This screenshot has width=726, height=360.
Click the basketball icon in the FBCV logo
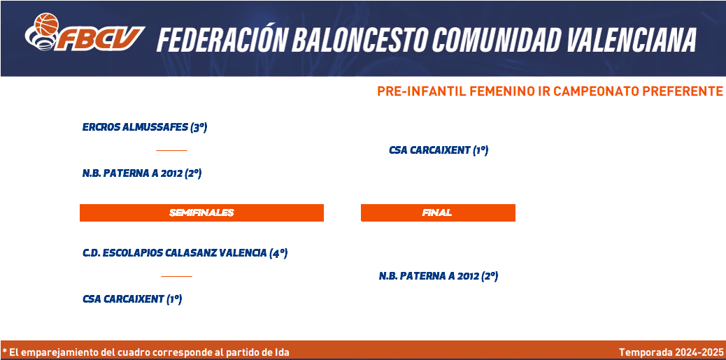pyautogui.click(x=46, y=24)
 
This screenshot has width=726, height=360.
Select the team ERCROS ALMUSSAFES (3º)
pyautogui.click(x=145, y=127)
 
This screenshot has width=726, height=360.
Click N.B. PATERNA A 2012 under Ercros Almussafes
pyautogui.click(x=142, y=173)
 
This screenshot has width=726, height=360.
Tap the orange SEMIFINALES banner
pyautogui.click(x=201, y=213)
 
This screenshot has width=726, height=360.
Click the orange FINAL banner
pyautogui.click(x=438, y=213)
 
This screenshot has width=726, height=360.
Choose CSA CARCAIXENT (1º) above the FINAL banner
pyautogui.click(x=439, y=150)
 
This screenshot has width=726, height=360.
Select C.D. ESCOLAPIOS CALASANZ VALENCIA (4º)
pyautogui.click(x=185, y=253)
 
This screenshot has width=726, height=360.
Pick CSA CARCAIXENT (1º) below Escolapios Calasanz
pyautogui.click(x=132, y=299)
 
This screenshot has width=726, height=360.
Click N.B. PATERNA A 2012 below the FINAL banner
pyautogui.click(x=439, y=276)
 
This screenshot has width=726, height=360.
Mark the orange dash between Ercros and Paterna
pyautogui.click(x=171, y=150)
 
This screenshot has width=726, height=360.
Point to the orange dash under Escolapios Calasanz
pyautogui.click(x=176, y=276)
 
